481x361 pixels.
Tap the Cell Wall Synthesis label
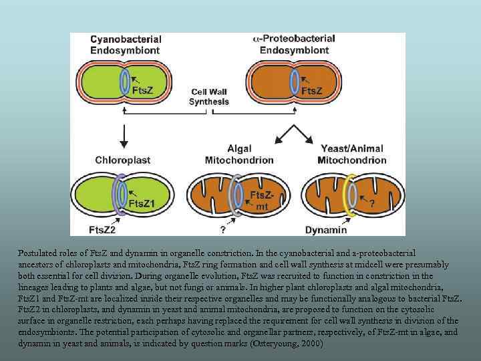(208, 97)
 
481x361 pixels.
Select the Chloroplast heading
(122, 160)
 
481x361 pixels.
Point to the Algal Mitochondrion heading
(239, 154)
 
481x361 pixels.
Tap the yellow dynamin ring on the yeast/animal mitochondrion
(349, 194)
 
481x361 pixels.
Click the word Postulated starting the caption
(39, 254)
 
